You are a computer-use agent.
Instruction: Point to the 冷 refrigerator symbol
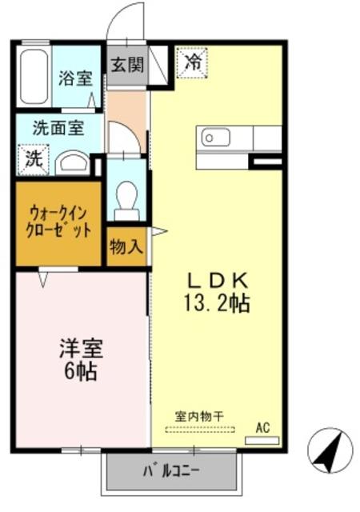(193, 61)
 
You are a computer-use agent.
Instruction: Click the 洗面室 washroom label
(55, 126)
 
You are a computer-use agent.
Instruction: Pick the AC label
(262, 428)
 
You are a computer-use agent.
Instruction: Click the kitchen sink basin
(218, 138)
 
